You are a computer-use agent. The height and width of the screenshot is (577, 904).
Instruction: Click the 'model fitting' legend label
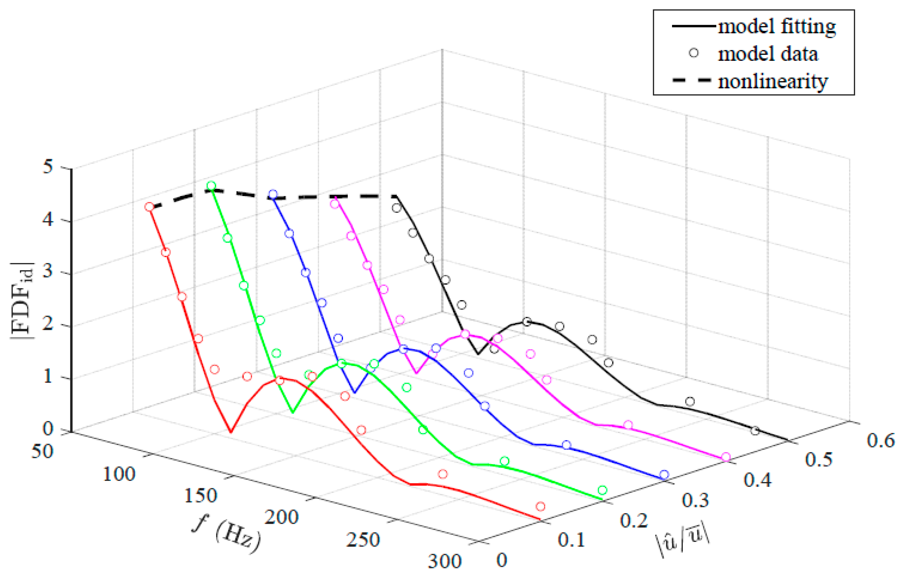[776, 27]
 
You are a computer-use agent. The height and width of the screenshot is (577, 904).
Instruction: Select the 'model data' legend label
[767, 54]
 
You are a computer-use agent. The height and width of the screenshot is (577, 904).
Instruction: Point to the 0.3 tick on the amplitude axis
[695, 500]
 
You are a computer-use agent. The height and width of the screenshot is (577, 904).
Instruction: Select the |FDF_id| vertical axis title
[22, 300]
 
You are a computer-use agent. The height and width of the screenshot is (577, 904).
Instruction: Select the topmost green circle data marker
[211, 185]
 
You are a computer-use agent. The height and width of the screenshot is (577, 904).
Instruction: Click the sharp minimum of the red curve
[230, 432]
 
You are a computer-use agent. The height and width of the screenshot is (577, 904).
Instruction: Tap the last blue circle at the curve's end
[664, 474]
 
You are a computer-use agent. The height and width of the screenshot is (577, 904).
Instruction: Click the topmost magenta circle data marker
[334, 204]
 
